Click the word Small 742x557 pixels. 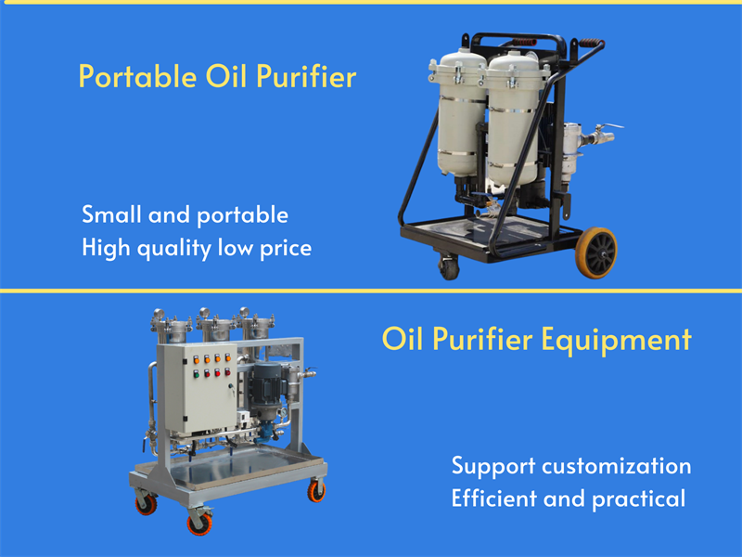point(106,214)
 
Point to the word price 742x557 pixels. point(284,248)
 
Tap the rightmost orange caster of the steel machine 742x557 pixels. point(317,492)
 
